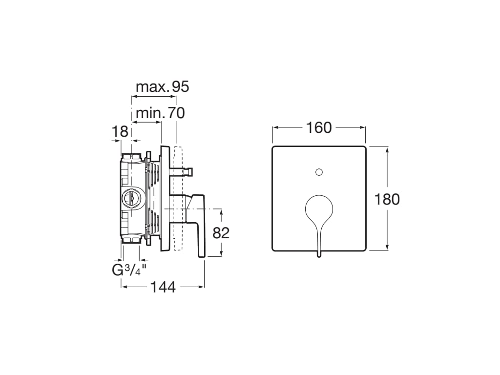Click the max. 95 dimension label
[162, 87]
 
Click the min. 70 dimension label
[160, 113]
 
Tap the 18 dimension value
[120, 131]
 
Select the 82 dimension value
[221, 233]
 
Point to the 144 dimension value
[163, 288]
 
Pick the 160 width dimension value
[319, 128]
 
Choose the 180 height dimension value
[387, 199]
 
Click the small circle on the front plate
[319, 172]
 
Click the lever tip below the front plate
[319, 254]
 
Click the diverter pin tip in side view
[191, 171]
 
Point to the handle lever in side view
[199, 225]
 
